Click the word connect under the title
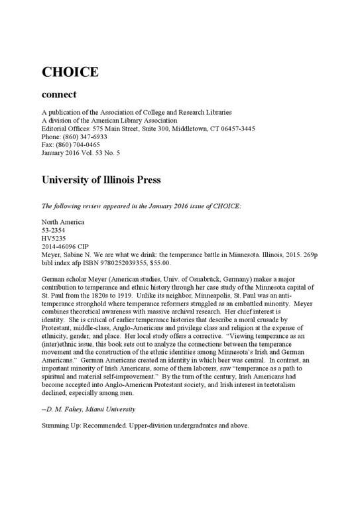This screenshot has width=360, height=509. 59,95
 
